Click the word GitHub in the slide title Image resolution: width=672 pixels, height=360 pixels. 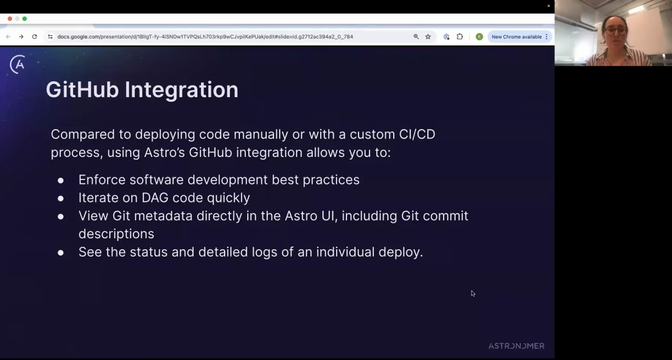point(82,90)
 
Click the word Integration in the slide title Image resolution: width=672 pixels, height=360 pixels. point(181,90)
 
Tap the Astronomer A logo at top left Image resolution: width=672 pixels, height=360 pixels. point(18,65)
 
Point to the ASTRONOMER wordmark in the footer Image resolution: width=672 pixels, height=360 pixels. point(516,346)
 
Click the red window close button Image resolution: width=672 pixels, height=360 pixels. point(10,19)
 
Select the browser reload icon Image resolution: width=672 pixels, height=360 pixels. point(35,37)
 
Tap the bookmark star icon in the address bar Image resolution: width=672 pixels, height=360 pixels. point(428,37)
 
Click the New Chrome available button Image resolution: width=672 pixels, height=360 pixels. point(517,37)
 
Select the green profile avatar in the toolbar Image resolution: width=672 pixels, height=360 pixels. point(479,37)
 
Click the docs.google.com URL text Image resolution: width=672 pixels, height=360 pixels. point(205,37)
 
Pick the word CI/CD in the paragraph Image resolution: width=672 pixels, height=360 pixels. point(417,134)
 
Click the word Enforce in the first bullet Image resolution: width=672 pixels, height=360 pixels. point(102,179)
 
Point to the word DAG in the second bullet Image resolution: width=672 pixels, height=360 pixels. point(155,198)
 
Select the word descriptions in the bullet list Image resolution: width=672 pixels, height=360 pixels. point(116,234)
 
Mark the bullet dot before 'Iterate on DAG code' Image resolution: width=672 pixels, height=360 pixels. point(61,198)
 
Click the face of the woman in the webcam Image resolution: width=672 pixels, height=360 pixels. point(615,29)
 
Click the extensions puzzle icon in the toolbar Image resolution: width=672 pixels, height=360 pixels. point(460,37)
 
